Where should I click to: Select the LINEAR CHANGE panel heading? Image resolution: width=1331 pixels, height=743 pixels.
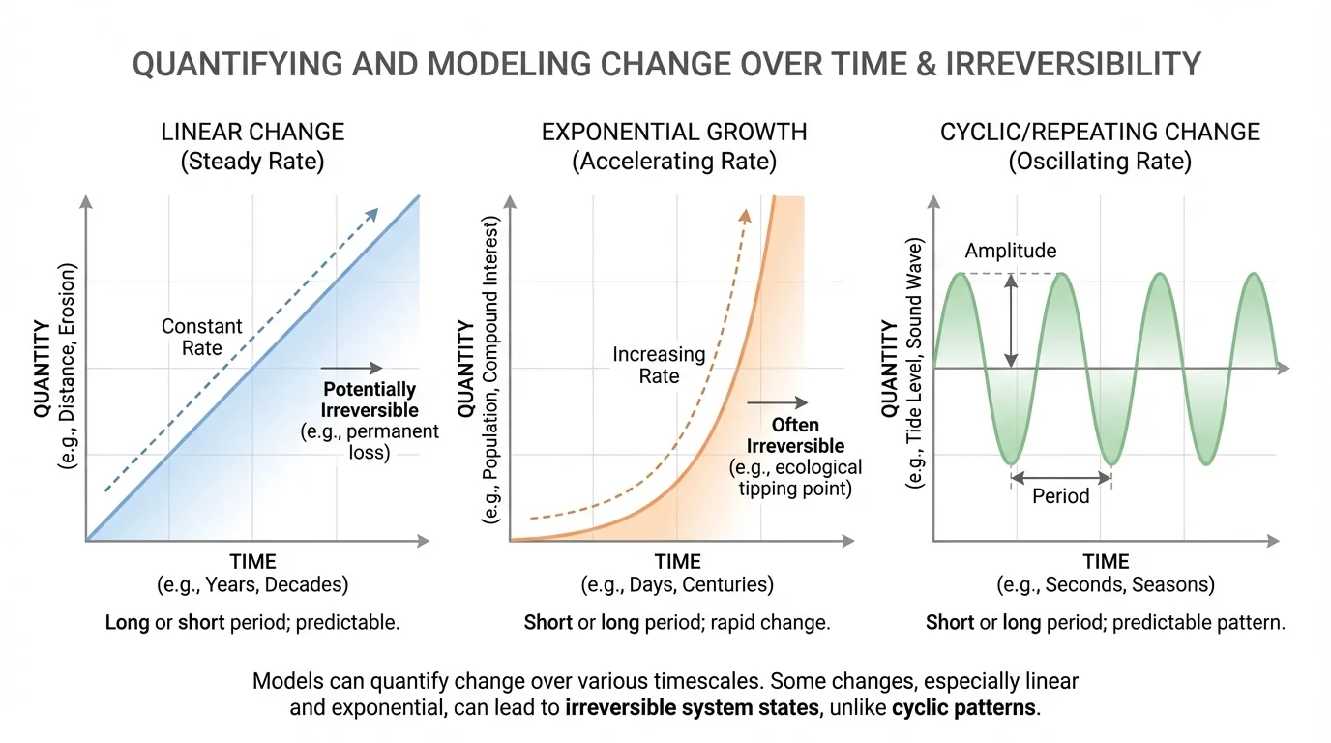[x=252, y=132]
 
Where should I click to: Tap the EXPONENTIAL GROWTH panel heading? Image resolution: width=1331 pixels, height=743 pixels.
[x=674, y=132]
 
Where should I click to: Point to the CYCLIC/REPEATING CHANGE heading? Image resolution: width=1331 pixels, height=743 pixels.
[x=1100, y=132]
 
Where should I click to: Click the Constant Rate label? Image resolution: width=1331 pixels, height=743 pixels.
[x=201, y=337]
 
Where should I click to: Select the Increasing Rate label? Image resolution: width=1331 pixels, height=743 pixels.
[x=659, y=365]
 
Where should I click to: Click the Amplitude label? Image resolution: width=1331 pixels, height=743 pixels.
[x=1010, y=251]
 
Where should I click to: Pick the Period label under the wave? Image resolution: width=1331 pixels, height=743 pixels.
[x=1060, y=496]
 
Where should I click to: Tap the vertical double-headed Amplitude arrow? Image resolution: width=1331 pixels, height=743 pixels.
[x=1010, y=320]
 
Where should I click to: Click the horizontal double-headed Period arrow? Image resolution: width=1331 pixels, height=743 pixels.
[x=1060, y=475]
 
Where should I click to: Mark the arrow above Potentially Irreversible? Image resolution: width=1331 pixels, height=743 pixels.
[x=351, y=368]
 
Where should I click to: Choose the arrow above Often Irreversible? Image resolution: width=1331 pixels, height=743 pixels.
[x=777, y=402]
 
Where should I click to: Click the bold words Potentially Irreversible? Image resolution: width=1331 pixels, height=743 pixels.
[x=370, y=400]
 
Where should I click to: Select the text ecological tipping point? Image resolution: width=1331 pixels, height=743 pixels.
[x=795, y=479]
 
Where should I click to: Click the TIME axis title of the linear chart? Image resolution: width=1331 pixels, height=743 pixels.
[x=252, y=562]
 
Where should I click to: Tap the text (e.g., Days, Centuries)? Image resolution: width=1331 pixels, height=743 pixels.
[x=677, y=584]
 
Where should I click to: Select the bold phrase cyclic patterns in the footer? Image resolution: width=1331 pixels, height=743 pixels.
[x=963, y=707]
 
